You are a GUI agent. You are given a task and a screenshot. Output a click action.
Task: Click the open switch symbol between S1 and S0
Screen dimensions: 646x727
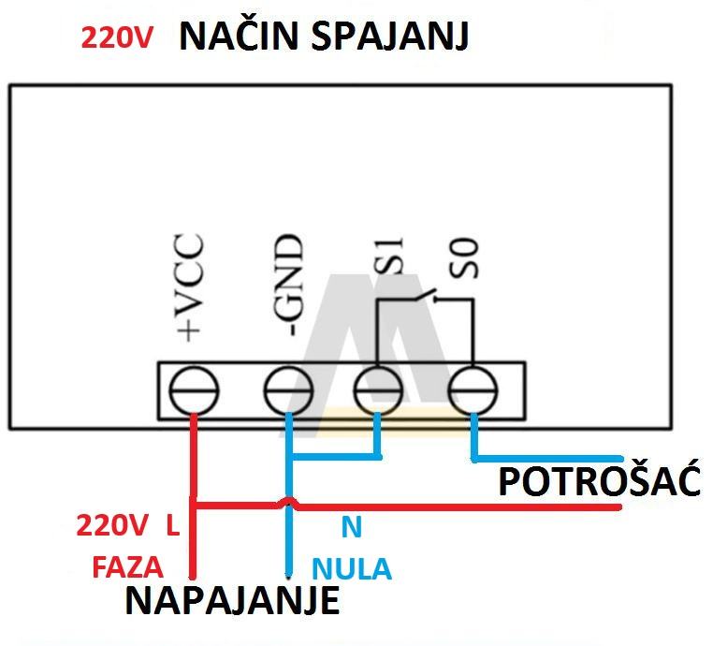tap(423, 298)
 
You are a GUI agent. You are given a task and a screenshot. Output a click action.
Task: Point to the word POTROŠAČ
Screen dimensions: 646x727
tap(599, 482)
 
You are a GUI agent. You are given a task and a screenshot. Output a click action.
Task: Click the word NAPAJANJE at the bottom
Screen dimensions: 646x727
tap(232, 601)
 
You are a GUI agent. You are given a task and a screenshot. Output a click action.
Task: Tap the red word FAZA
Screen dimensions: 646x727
tap(127, 567)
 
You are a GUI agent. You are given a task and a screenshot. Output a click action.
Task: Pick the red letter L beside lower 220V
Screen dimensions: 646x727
tap(172, 525)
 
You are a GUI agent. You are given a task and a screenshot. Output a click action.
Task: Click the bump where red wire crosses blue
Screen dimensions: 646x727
tap(288, 504)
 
